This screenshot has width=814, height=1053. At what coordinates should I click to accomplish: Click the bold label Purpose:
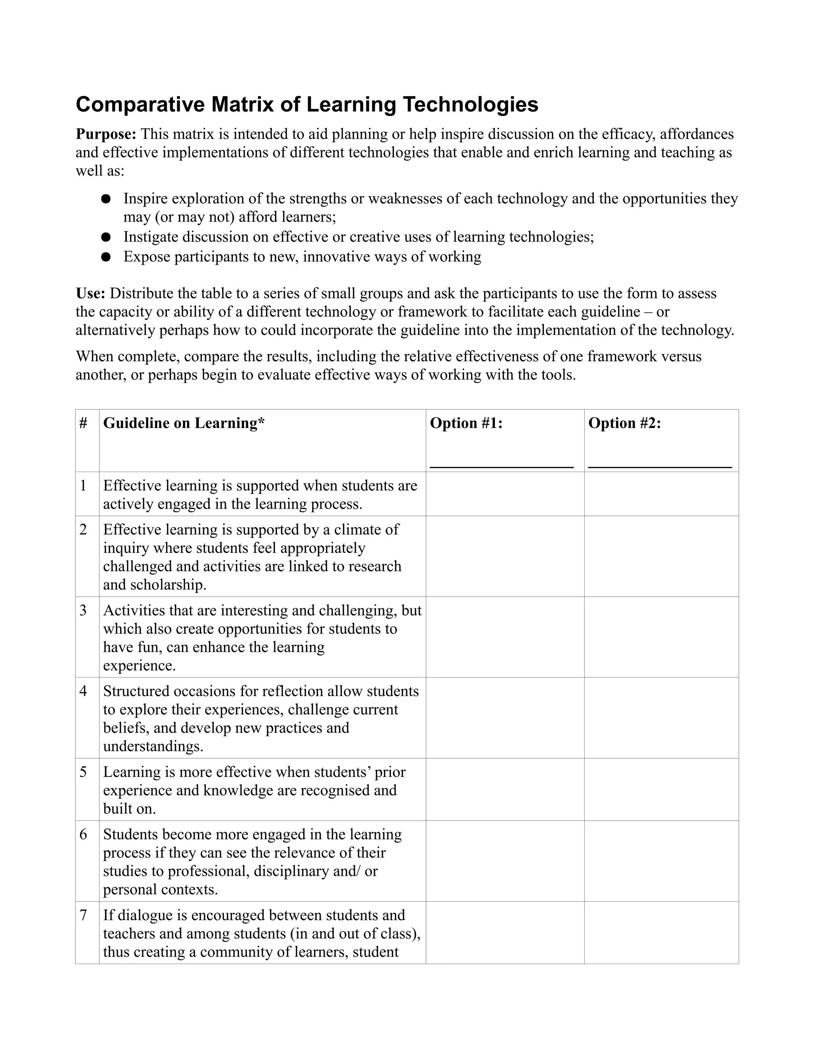tap(106, 134)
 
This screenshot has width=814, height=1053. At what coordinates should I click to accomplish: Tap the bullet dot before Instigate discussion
tap(106, 237)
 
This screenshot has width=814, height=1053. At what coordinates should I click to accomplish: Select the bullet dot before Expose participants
tap(106, 257)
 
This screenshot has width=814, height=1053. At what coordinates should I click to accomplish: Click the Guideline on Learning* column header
tap(184, 423)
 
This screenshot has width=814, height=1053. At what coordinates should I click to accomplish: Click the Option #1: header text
tap(466, 423)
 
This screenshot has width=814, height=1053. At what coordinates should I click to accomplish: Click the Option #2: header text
tap(624, 423)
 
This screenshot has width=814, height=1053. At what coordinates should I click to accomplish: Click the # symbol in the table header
tap(83, 423)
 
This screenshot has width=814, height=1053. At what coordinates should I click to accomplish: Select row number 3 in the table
tap(83, 610)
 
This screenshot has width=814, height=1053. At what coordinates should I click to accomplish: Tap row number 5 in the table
tap(83, 772)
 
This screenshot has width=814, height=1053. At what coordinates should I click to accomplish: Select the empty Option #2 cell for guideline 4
tap(661, 718)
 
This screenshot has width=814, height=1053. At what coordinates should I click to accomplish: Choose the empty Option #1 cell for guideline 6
tap(505, 861)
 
